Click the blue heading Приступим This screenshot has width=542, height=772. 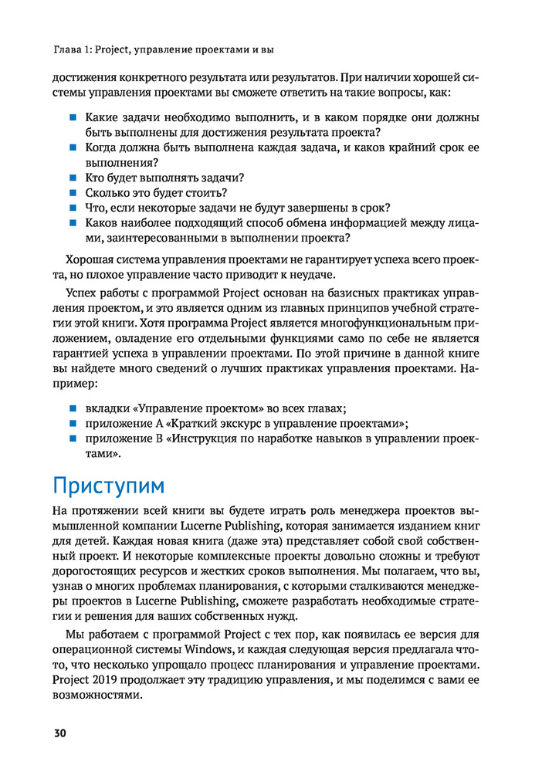pos(108,486)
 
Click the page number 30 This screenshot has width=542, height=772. pos(59,733)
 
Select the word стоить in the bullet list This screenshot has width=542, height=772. pos(209,193)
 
